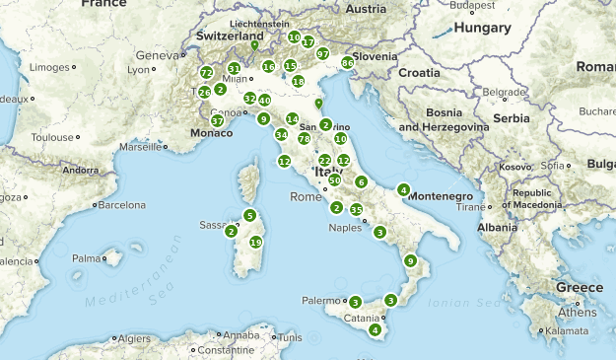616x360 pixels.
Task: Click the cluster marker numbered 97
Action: tap(322, 53)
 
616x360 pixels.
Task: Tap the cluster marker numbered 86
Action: tap(347, 63)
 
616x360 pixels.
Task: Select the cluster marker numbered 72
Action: tap(206, 73)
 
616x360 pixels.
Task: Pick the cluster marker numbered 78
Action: tap(304, 139)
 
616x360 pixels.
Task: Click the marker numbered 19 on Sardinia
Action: tap(256, 242)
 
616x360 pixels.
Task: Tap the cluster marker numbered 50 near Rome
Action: tap(335, 180)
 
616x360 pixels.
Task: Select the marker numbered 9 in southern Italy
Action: tap(410, 260)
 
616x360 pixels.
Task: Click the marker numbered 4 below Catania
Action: tap(375, 329)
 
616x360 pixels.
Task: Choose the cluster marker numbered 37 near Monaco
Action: tap(217, 121)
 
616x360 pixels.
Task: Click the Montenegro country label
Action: tap(441, 196)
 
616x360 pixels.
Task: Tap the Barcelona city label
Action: tap(121, 205)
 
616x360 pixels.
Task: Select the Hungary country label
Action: tap(480, 29)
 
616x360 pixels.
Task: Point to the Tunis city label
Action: tap(289, 337)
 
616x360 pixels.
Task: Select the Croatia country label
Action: tap(419, 72)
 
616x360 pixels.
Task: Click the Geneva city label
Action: tap(155, 55)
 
